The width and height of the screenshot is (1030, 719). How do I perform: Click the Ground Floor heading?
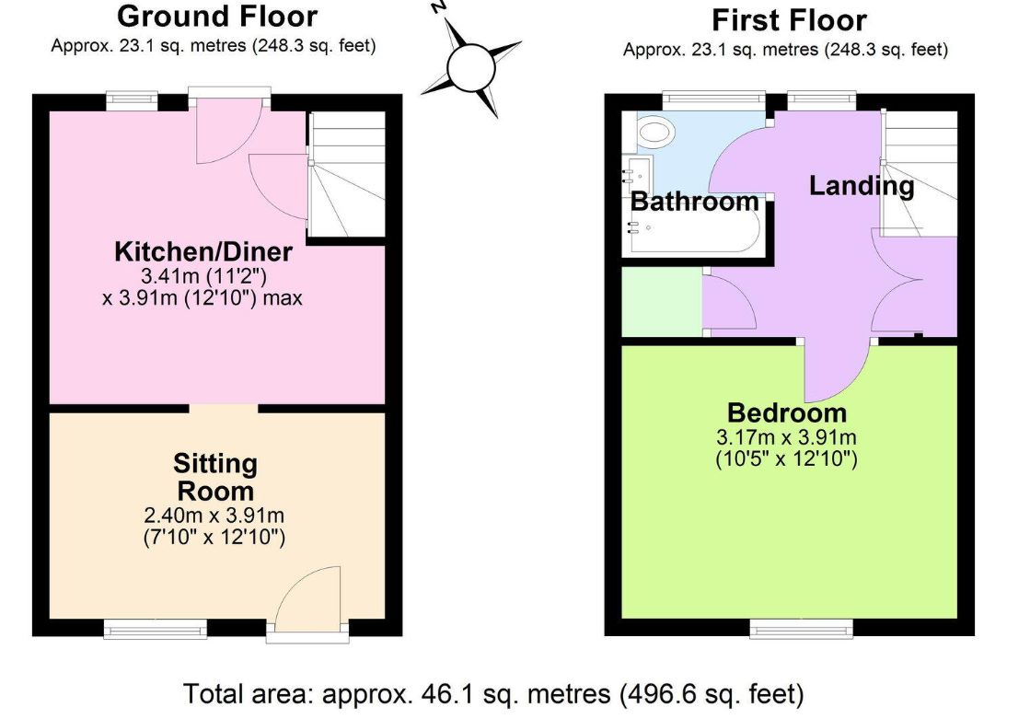coord(217,17)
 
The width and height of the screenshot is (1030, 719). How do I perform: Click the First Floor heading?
coord(789,20)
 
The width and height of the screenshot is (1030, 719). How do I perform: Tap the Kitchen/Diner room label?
coord(203,251)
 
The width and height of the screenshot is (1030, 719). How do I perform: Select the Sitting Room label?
coord(215,477)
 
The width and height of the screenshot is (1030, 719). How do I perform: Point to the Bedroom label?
coord(787,412)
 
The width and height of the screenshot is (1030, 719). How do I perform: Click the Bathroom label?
coord(694,201)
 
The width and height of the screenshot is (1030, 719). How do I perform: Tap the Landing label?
coord(862,186)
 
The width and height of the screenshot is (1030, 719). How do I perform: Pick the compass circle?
coord(470,67)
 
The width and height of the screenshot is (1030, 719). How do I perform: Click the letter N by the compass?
coord(439,7)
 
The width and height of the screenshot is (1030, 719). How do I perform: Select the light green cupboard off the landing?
coord(662,302)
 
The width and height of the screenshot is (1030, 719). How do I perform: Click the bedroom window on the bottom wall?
coord(802,628)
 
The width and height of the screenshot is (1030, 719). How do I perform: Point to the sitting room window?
coord(156,628)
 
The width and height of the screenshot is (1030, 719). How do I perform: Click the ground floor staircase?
coord(347,174)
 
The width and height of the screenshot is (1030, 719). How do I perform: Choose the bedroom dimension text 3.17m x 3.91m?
coord(786,437)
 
